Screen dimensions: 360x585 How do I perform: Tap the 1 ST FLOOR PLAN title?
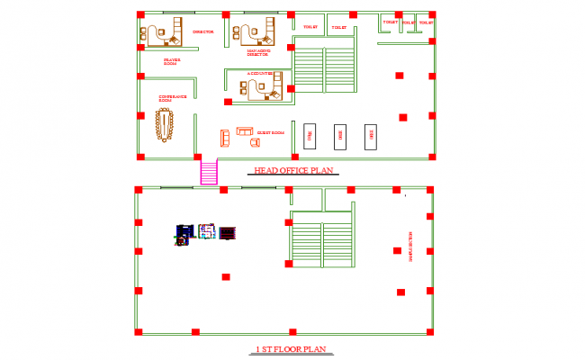(x=288, y=349)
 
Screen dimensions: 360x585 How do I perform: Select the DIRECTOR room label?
(x=202, y=31)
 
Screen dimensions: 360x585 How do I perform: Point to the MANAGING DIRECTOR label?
(x=258, y=53)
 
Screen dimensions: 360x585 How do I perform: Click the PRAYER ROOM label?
(x=171, y=62)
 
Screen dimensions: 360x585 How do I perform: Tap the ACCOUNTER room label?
(x=261, y=74)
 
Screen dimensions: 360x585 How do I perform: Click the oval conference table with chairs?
(x=166, y=124)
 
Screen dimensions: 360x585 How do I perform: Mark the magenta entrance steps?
(x=209, y=172)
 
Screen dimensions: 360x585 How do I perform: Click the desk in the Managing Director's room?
(x=253, y=32)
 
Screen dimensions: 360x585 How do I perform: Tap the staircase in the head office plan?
(x=325, y=69)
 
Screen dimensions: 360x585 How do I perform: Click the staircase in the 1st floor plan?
(x=321, y=241)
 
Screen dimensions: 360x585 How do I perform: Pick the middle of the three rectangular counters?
(x=340, y=137)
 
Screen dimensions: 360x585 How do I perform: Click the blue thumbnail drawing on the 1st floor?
(x=184, y=235)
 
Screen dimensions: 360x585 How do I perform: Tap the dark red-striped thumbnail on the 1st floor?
(x=227, y=233)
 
